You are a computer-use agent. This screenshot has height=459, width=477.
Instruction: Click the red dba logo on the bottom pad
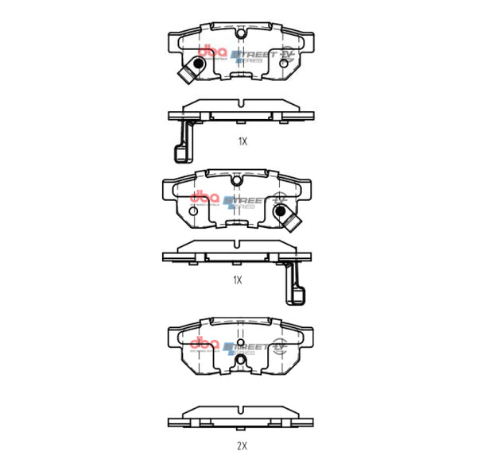tap(204, 341)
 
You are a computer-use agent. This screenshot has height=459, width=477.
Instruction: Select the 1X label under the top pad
tap(243, 141)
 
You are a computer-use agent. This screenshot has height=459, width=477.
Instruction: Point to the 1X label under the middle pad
tap(238, 280)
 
